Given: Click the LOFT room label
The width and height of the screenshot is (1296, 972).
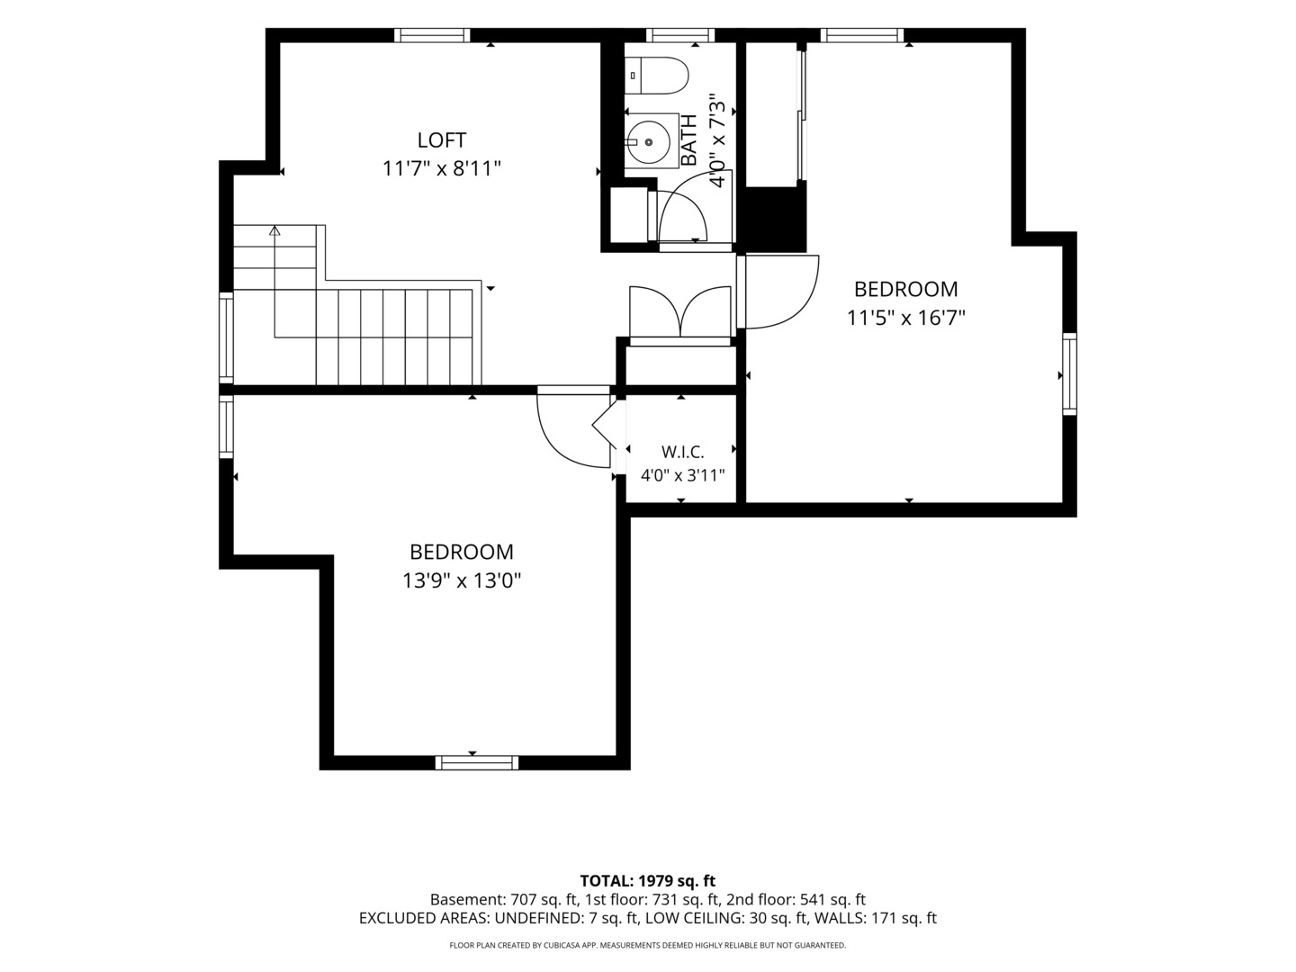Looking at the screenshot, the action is click(442, 140).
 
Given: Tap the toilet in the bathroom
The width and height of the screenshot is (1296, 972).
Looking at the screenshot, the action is click(657, 76).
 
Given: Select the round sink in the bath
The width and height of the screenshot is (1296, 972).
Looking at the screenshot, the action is click(648, 142).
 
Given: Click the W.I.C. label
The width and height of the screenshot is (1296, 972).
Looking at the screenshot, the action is click(682, 452).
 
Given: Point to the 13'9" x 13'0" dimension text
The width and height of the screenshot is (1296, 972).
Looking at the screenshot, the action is click(462, 581).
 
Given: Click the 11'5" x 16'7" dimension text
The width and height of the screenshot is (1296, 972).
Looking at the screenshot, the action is click(905, 319).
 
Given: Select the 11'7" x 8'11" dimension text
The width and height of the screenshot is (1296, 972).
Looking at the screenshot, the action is click(442, 169).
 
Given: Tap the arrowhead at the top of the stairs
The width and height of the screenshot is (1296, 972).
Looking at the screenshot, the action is click(274, 230).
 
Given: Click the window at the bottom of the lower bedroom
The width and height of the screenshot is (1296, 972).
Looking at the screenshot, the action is click(477, 763).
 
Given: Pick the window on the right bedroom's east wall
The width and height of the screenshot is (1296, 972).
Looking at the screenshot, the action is click(1069, 374).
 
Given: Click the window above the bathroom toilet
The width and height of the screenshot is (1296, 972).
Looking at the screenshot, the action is click(680, 35).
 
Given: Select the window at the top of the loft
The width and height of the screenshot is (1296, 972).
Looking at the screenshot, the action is click(432, 35).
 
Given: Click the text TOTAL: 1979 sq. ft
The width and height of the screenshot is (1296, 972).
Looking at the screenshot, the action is click(648, 881).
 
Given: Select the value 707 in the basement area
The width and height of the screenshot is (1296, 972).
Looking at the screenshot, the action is click(522, 900).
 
